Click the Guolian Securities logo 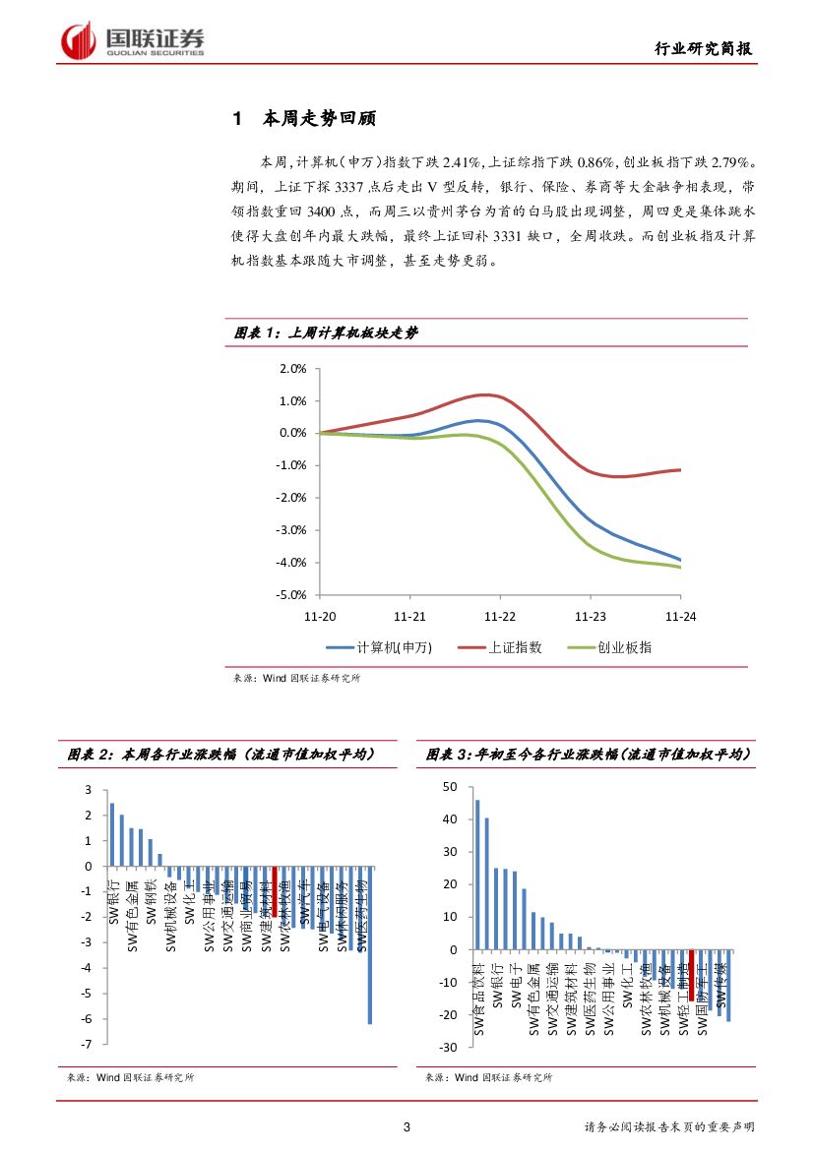coord(133,40)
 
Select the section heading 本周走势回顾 coord(319,119)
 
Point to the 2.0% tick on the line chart coord(293,369)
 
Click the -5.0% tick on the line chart coord(292,595)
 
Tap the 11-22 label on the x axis coord(500,616)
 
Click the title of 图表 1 coord(326,333)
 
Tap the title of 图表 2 coord(219,755)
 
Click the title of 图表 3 coord(588,755)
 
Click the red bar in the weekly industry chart coord(275,889)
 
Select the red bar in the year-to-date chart coord(692,974)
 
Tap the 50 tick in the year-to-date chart coord(451,787)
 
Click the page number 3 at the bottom coord(407,1127)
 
